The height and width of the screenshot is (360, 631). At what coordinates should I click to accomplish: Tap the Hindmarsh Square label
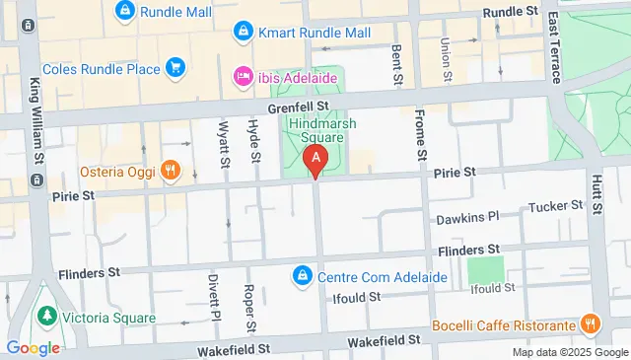click(322, 130)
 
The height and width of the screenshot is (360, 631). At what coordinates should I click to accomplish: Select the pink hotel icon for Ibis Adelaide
click(242, 76)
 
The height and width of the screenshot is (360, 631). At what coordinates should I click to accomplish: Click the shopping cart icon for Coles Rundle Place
click(175, 67)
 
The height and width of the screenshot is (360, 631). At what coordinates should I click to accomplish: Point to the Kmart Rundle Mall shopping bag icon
click(242, 34)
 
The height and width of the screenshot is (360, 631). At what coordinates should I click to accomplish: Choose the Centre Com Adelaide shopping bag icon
click(303, 275)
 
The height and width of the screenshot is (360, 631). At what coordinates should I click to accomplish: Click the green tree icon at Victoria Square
click(44, 317)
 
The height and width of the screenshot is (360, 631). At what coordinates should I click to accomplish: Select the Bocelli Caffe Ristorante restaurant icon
click(591, 324)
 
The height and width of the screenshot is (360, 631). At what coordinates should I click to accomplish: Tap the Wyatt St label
click(223, 142)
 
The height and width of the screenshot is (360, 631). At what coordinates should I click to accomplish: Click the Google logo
click(33, 347)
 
